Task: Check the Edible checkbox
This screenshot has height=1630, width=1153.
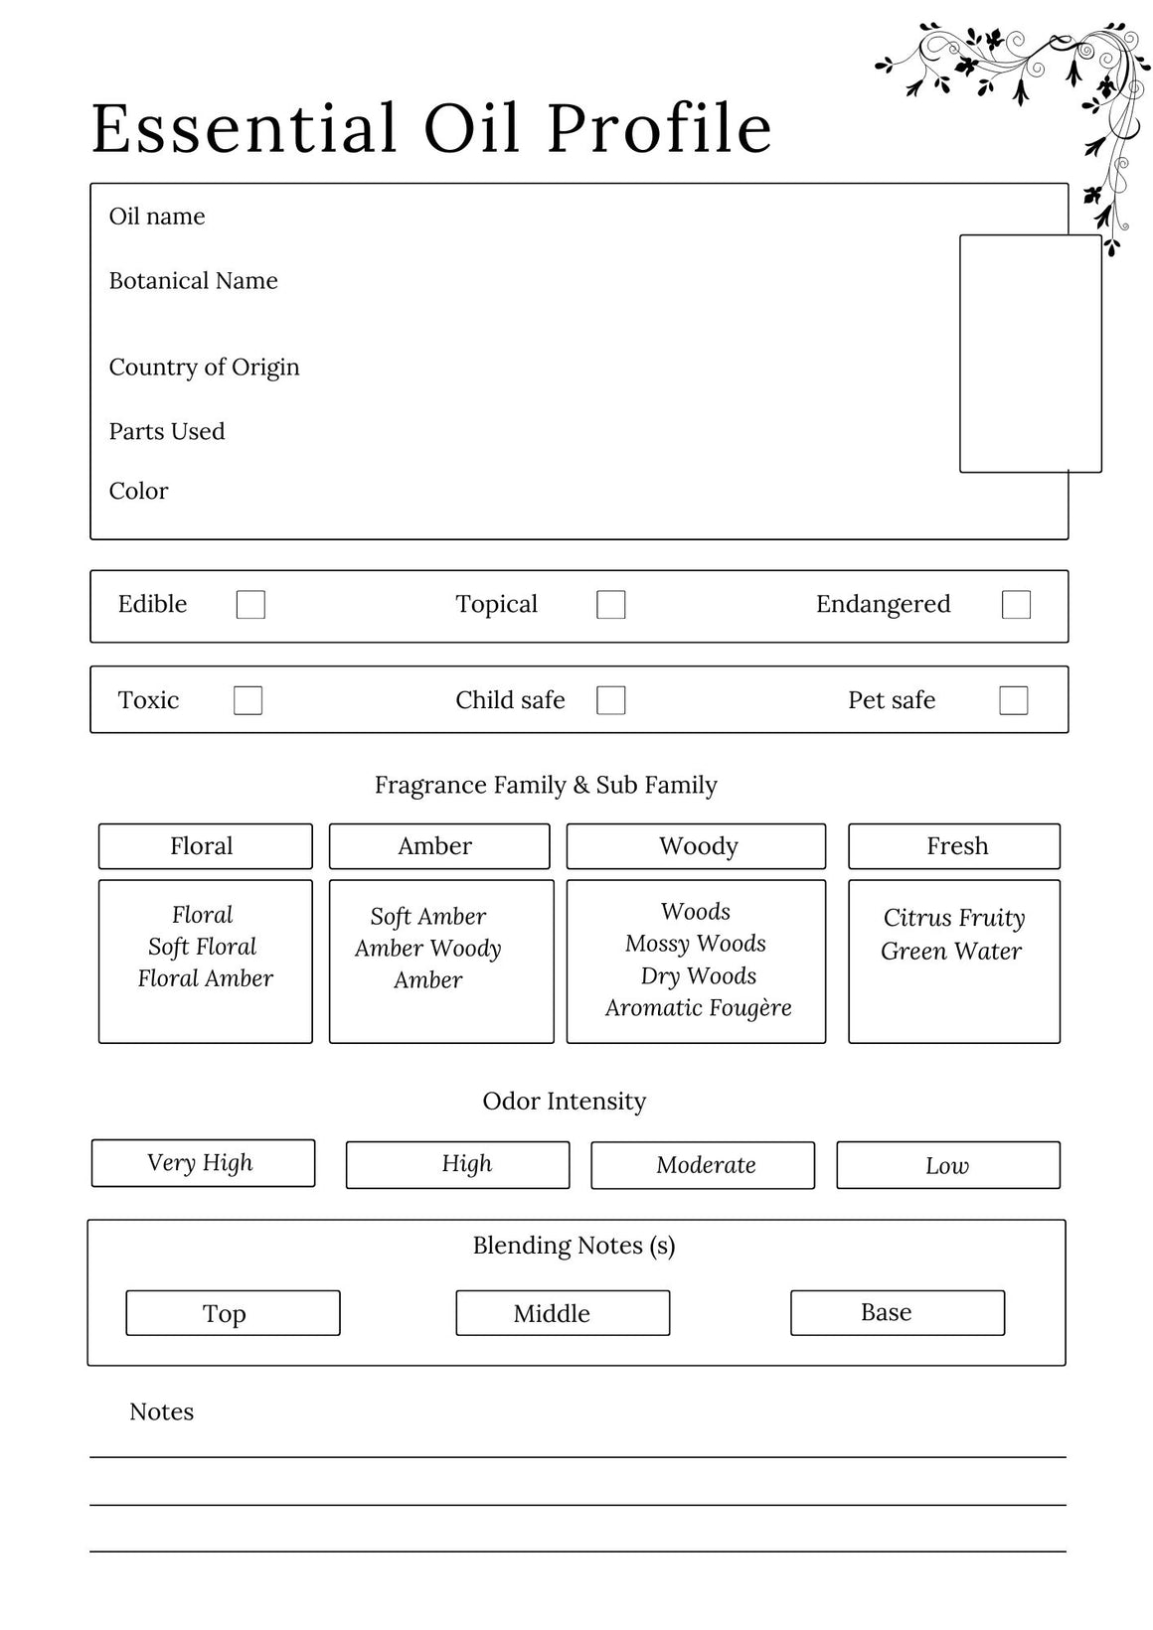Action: (x=250, y=605)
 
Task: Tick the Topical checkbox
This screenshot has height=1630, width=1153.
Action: (x=610, y=605)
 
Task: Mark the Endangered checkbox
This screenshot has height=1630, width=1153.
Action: (x=1016, y=605)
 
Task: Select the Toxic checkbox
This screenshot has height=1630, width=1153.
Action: (x=247, y=700)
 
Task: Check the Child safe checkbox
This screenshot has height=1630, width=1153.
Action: (x=610, y=700)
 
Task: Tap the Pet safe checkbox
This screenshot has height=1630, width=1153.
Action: (x=1013, y=700)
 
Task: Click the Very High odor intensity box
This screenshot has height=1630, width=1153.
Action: (x=203, y=1163)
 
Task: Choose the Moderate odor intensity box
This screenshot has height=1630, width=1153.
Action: (x=703, y=1165)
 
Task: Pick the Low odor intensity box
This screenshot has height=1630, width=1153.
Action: (x=947, y=1165)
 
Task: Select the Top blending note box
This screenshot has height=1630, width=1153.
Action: (x=233, y=1313)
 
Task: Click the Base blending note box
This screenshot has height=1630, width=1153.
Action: (x=897, y=1313)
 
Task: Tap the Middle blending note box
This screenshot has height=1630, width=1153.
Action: (x=563, y=1313)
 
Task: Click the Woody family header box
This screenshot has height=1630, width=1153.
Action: (x=696, y=846)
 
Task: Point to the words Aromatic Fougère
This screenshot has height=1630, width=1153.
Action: (x=698, y=1008)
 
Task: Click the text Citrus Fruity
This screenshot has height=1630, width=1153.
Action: (x=953, y=918)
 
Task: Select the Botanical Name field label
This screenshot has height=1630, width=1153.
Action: (x=193, y=281)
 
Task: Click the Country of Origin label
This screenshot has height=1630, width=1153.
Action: (x=204, y=368)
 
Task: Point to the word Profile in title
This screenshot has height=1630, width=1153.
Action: (x=659, y=129)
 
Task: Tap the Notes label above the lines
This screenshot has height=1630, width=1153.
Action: (x=161, y=1412)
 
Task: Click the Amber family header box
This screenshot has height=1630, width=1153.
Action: (x=438, y=846)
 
